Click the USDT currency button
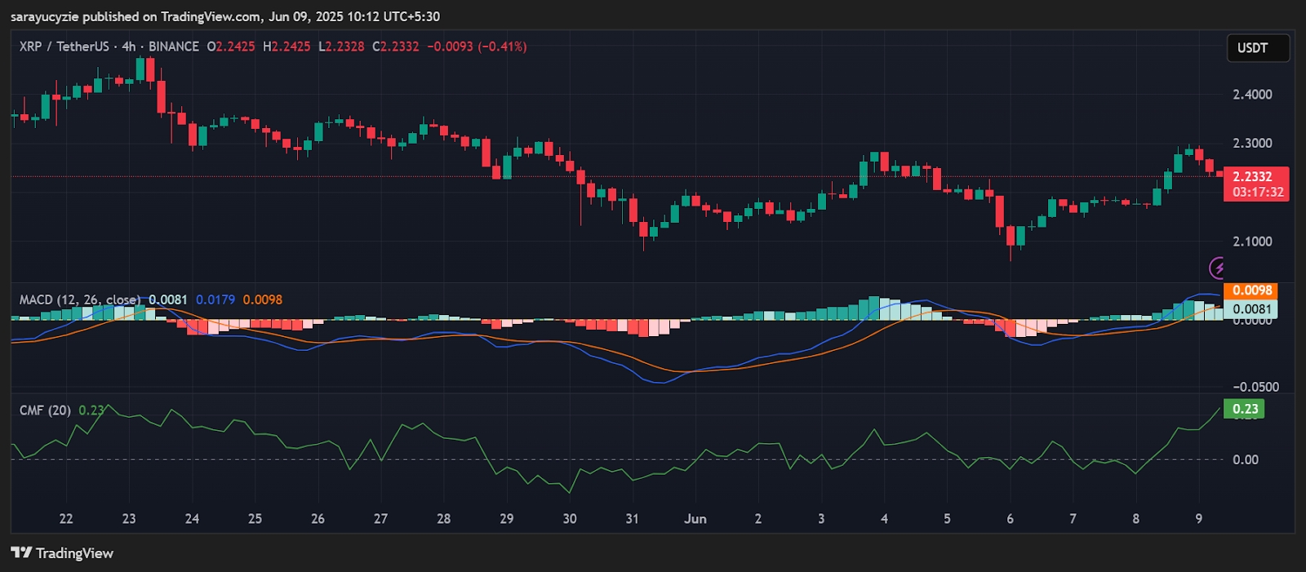coord(1258,48)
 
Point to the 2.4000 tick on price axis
coord(1252,95)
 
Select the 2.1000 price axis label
coord(1252,242)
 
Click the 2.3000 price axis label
coord(1252,144)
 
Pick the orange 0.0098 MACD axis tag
coord(1250,290)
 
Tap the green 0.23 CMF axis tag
coord(1244,409)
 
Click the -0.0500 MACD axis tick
coord(1256,387)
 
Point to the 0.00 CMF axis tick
coord(1246,459)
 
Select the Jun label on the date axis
coord(695,519)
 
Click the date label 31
coord(633,519)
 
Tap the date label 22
coord(66,519)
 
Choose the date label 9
coord(1199,519)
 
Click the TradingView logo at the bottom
coord(62,552)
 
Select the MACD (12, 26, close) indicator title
coord(80,299)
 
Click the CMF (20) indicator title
coord(45,410)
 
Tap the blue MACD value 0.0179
coord(215,299)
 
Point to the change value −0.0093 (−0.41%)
coord(477,47)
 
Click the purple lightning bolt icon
coord(1217,268)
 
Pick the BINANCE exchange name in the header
coord(174,47)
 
